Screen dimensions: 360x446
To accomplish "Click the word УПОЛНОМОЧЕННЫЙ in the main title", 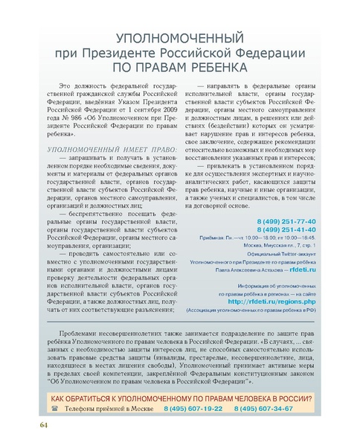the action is pyautogui.click(x=179, y=37).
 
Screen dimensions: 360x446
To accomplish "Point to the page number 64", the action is pyautogui.click(x=44, y=424).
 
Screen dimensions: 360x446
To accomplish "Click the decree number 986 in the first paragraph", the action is pyautogui.click(x=71, y=115).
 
